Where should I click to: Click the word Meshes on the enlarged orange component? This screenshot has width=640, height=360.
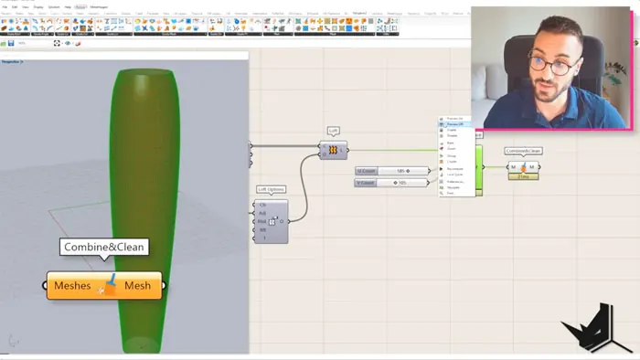72,286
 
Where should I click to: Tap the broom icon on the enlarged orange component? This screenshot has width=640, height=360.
108,285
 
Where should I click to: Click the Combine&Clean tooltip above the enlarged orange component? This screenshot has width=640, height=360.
104,247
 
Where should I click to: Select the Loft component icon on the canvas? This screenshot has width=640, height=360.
334,150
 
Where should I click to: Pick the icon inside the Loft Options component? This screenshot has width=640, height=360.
273,221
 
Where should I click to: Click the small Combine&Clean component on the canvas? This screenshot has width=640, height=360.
523,166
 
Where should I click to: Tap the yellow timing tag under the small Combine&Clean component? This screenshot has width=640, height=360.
523,176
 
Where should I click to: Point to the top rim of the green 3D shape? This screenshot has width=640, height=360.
142,72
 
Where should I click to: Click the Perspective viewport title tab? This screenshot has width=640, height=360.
12,61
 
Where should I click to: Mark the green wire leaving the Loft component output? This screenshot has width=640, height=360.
393,150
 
